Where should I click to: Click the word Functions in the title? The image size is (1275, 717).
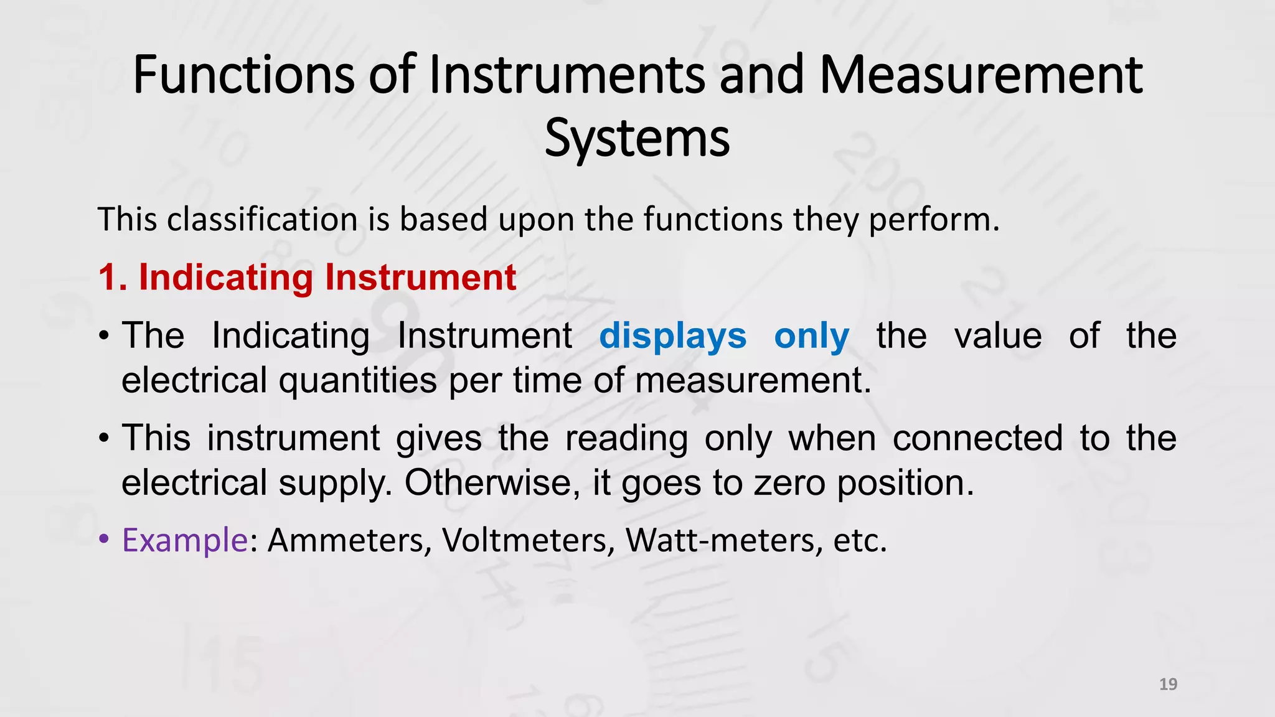tap(243, 75)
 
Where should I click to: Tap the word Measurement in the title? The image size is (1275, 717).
tap(981, 75)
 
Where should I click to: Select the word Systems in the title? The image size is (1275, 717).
tap(637, 138)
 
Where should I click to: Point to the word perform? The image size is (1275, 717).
tap(933, 220)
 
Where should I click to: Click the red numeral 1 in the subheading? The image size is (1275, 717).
tap(111, 278)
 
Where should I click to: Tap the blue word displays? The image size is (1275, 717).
tap(672, 336)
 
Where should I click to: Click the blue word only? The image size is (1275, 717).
tap(811, 336)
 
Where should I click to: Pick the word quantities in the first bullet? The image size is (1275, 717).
tap(357, 380)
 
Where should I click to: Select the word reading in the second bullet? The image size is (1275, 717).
tap(626, 438)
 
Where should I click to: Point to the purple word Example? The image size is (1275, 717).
tap(185, 540)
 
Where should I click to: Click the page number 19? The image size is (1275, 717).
tap(1168, 685)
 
